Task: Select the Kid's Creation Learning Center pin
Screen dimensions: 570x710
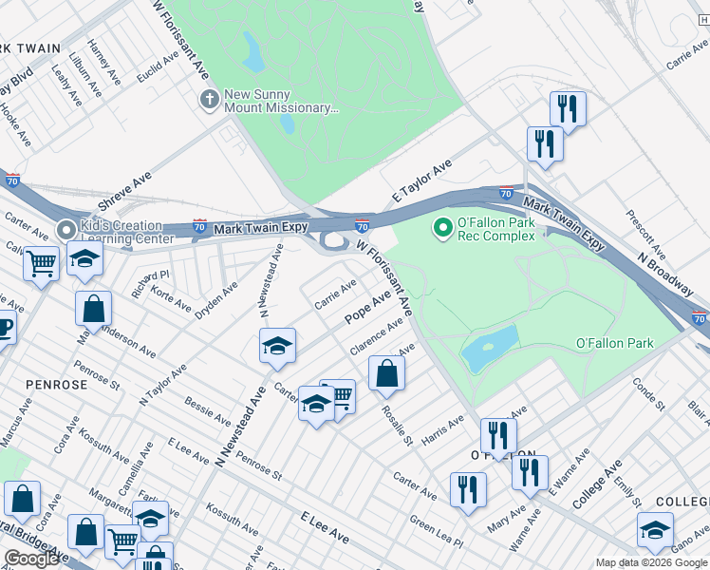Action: pyautogui.click(x=66, y=230)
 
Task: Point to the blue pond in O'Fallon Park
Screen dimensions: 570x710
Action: pyautogui.click(x=490, y=350)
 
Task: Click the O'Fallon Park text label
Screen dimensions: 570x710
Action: pyautogui.click(x=614, y=343)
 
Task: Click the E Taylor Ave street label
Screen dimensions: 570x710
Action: pyautogui.click(x=421, y=180)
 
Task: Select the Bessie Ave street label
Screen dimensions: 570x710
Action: pyautogui.click(x=208, y=411)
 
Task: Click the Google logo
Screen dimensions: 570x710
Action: pyautogui.click(x=32, y=558)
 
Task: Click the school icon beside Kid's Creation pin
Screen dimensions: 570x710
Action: pyautogui.click(x=84, y=260)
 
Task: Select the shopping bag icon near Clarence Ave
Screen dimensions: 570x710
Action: pyautogui.click(x=386, y=373)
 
